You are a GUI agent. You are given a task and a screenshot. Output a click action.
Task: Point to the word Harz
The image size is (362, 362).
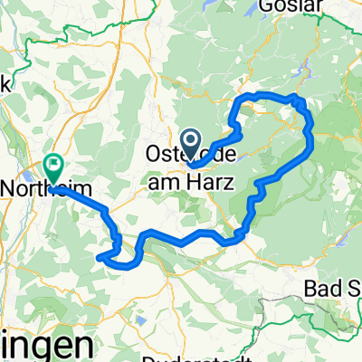pos(210,181)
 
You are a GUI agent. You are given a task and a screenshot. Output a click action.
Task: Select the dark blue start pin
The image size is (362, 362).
pos(192,140)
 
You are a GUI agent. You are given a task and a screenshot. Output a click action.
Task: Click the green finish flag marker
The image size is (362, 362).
pos(52,167)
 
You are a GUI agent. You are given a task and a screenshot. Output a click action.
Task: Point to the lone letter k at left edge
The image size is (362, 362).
pos(5,85)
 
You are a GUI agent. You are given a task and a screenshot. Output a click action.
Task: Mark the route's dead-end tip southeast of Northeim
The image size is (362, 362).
pos(98,258)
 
